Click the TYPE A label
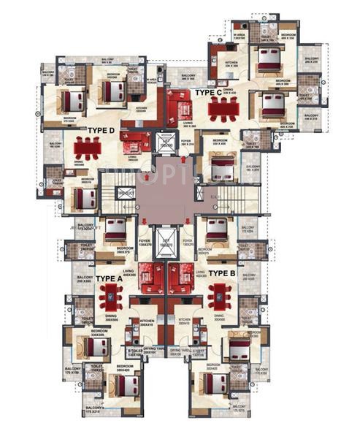click(109, 279)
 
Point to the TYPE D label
click(102, 131)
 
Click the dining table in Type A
click(112, 296)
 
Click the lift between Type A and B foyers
click(165, 243)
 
